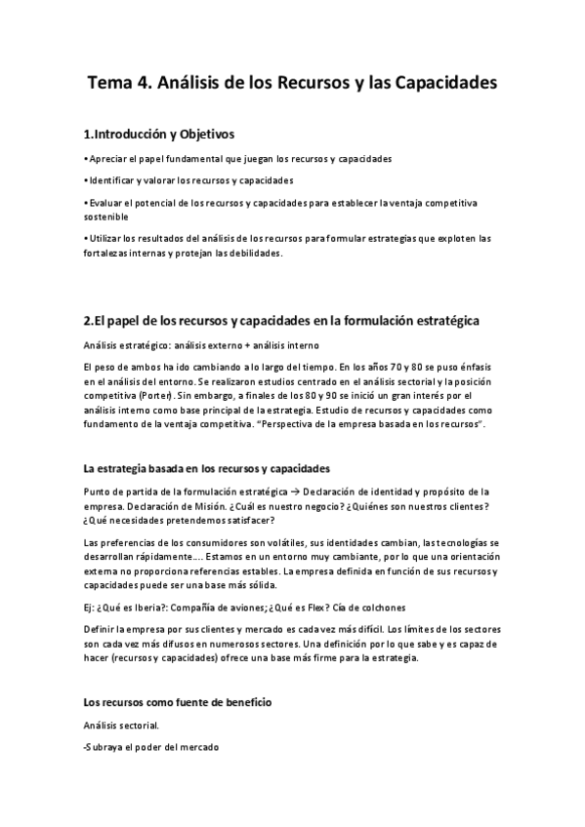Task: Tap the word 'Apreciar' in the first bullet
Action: tap(108, 158)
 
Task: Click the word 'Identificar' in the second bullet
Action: tap(112, 180)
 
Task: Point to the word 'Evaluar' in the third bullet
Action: tap(106, 203)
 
